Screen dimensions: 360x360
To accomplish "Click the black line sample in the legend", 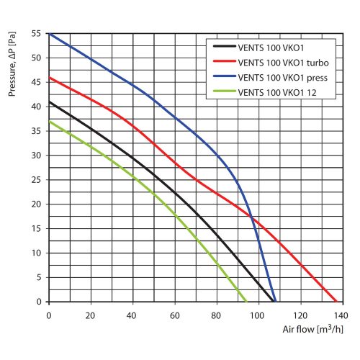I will point(225,46).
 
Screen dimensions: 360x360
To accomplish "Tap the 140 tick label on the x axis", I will point(341,315).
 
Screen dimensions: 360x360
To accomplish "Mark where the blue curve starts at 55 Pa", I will point(48,34).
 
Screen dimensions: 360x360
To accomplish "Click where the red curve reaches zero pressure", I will point(336,302).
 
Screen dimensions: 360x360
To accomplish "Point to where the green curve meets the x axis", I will point(246,302).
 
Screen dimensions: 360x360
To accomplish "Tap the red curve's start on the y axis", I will point(48,78).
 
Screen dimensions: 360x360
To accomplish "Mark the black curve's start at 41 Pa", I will point(48,102).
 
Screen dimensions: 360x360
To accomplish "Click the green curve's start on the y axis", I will point(48,122).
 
